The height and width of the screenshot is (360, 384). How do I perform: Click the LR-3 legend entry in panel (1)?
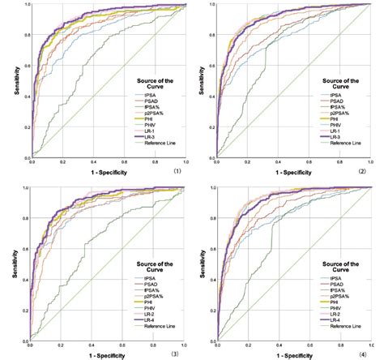(x=150, y=137)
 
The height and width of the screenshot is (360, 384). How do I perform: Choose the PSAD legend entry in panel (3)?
(x=151, y=286)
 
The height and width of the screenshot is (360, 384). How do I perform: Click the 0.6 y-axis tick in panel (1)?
(x=23, y=66)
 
